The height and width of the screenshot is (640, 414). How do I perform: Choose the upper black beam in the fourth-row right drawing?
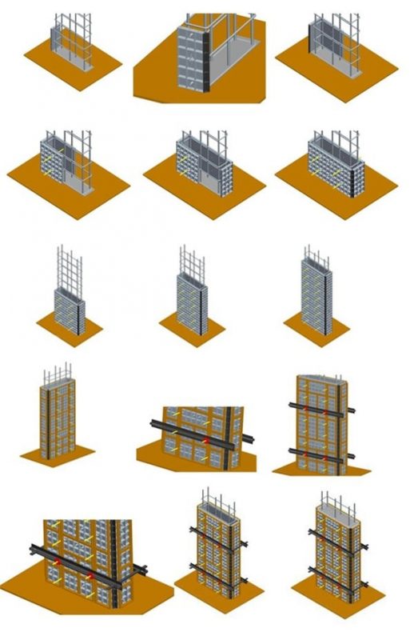pyautogui.click(x=320, y=407)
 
